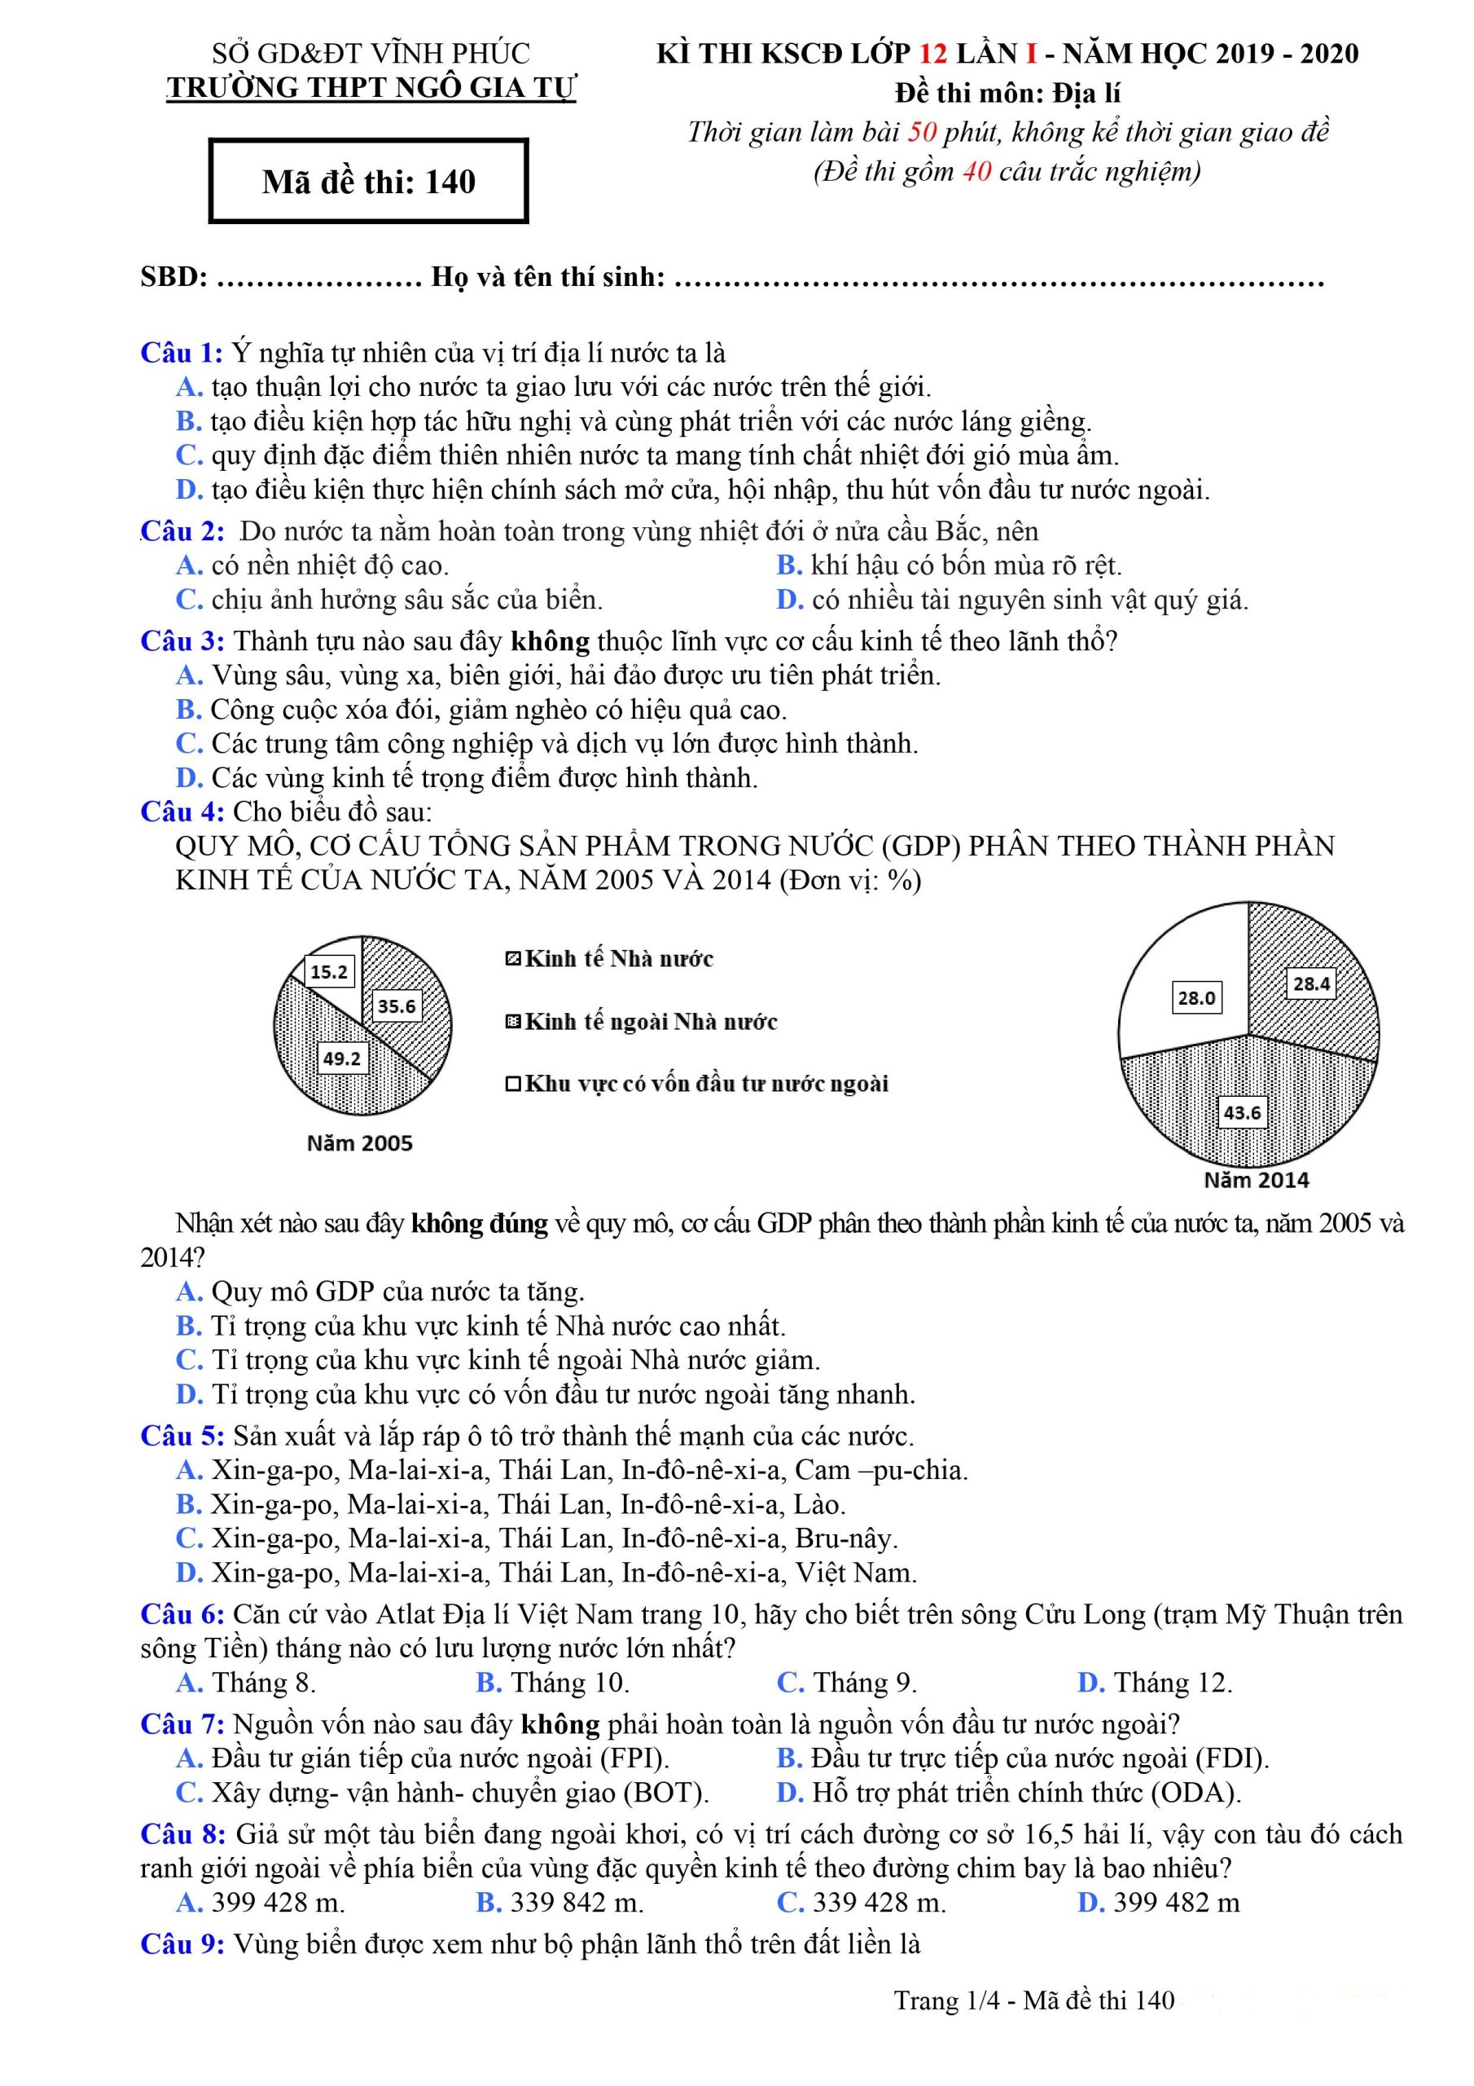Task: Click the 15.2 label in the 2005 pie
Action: coord(329,972)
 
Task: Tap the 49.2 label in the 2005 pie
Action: coord(341,1058)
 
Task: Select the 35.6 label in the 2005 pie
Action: coord(397,1006)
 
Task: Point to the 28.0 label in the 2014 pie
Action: coord(1196,997)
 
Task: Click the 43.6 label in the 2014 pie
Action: coord(1242,1113)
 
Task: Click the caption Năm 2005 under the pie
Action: coord(360,1143)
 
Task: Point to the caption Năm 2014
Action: coord(1256,1180)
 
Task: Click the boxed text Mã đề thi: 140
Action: coord(369,182)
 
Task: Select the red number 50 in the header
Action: coord(922,133)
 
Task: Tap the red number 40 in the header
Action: coord(976,171)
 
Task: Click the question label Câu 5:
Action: coord(182,1436)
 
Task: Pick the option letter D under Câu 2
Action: coord(789,600)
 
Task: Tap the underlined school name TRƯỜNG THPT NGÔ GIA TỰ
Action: coord(371,87)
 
